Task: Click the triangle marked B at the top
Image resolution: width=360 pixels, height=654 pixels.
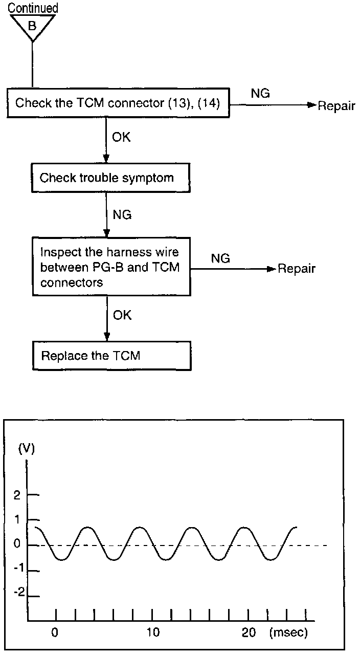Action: click(x=32, y=26)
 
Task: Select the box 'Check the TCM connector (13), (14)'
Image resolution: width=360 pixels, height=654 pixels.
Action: click(x=118, y=103)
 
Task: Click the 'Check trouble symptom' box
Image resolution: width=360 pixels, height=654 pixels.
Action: click(x=107, y=178)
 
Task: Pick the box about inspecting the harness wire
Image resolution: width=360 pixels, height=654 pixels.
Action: click(x=110, y=266)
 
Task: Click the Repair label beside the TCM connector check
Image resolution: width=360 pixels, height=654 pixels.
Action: click(x=336, y=106)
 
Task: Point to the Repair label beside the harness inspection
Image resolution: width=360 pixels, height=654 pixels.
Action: click(x=296, y=269)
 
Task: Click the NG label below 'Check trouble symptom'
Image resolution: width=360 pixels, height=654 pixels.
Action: click(x=121, y=214)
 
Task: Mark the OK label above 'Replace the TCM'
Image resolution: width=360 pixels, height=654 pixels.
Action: click(x=122, y=315)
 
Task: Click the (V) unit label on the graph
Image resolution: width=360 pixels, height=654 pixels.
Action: click(x=27, y=449)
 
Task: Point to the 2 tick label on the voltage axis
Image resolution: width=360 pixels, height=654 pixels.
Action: click(x=17, y=495)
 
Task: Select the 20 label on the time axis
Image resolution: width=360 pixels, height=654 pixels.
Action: click(x=249, y=633)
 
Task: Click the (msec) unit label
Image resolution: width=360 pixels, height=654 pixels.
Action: click(x=288, y=633)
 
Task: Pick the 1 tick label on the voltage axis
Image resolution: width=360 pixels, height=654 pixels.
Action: click(x=17, y=519)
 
